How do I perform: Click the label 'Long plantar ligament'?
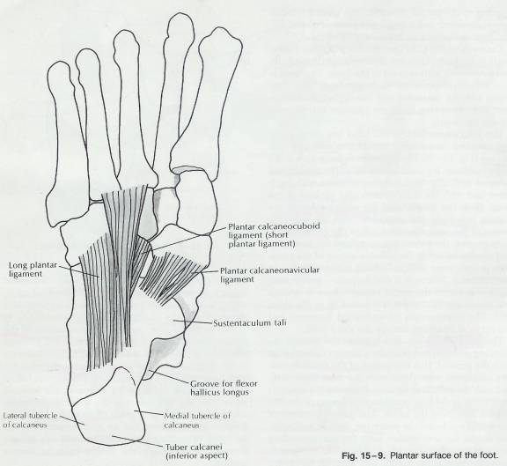tap(33, 270)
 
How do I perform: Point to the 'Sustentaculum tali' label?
tap(250, 323)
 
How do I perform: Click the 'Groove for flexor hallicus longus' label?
tap(224, 388)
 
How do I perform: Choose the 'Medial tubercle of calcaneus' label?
tap(197, 420)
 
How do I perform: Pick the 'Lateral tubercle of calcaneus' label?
tap(30, 419)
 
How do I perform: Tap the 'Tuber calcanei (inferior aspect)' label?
tap(196, 451)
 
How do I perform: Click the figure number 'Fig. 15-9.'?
tap(364, 455)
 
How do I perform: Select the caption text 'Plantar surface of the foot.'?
tap(444, 455)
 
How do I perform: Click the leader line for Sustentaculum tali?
tap(193, 322)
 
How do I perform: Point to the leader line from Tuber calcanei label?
tap(137, 441)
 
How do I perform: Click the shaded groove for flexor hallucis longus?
tap(161, 351)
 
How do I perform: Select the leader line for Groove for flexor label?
tap(169, 377)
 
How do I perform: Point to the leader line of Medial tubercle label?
tap(149, 413)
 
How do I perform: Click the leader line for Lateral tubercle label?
tap(71, 420)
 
